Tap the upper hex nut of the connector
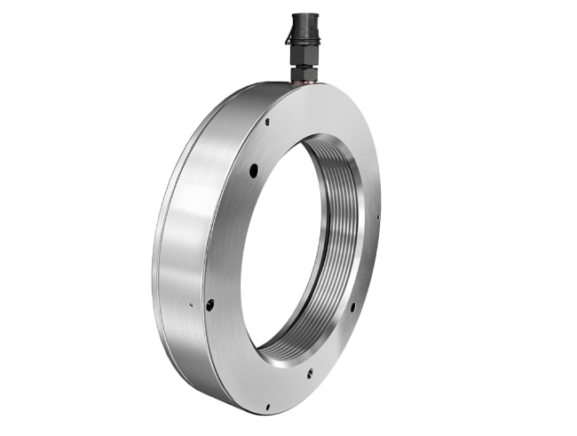click(300, 53)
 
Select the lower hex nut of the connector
click(301, 69)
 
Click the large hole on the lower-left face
click(209, 304)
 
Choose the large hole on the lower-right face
click(352, 307)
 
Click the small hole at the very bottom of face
click(266, 407)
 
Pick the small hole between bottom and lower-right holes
click(310, 374)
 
